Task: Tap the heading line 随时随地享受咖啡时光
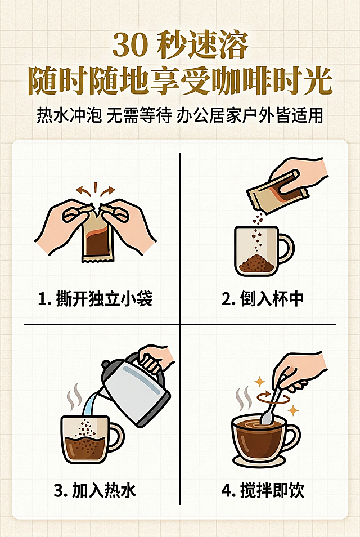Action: (x=180, y=82)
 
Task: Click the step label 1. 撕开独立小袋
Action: (x=95, y=299)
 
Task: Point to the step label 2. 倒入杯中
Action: (x=263, y=299)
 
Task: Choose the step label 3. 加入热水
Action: (x=95, y=490)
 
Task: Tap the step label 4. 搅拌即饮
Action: (x=263, y=490)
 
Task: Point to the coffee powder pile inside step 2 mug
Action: (x=256, y=263)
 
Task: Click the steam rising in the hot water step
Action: (x=73, y=397)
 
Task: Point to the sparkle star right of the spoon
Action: (x=292, y=410)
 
